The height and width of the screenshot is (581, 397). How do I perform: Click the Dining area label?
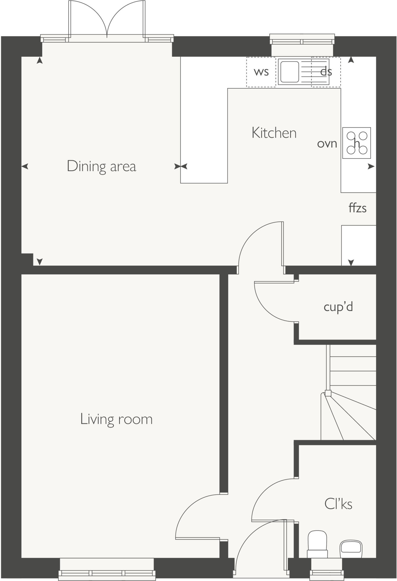click(102, 166)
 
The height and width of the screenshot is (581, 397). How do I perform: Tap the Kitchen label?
click(274, 133)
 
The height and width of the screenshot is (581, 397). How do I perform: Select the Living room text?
click(116, 419)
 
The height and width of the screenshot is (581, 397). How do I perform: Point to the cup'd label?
click(338, 307)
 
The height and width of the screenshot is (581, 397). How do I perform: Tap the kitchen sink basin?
click(289, 72)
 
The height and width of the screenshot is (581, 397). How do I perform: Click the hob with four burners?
click(356, 143)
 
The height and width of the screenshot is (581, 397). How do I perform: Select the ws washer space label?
click(261, 72)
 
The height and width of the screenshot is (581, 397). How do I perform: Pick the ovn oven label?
click(327, 144)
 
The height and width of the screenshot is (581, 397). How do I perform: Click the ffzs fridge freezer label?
click(357, 208)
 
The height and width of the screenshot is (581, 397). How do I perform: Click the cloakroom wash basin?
click(351, 548)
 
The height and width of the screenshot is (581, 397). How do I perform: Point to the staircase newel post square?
click(328, 393)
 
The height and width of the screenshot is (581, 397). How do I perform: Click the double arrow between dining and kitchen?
click(181, 167)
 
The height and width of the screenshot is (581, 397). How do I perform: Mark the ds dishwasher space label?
click(326, 72)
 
